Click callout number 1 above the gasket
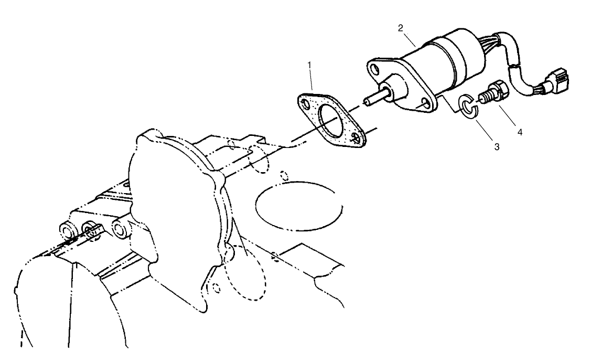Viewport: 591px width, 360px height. (x=310, y=65)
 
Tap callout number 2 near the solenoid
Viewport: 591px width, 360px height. (x=400, y=28)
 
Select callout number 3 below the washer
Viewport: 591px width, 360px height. (x=496, y=147)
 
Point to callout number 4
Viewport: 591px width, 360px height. (x=520, y=132)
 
